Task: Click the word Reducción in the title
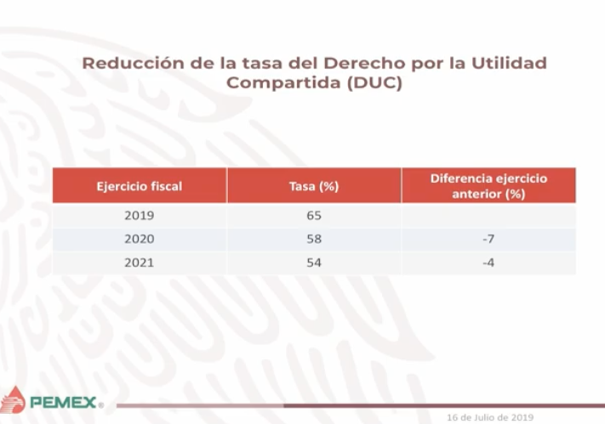pyautogui.click(x=133, y=63)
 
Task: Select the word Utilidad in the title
pyautogui.click(x=509, y=63)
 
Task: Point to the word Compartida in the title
pyautogui.click(x=283, y=82)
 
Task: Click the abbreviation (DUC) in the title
pyautogui.click(x=374, y=82)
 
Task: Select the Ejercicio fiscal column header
pyautogui.click(x=140, y=187)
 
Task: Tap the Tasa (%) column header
pyautogui.click(x=314, y=187)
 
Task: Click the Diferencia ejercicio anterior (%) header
pyautogui.click(x=488, y=186)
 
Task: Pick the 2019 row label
pyautogui.click(x=140, y=215)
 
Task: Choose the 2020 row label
pyautogui.click(x=140, y=239)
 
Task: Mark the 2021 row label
pyautogui.click(x=139, y=263)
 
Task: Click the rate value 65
pyautogui.click(x=314, y=215)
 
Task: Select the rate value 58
pyautogui.click(x=314, y=239)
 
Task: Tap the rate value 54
pyautogui.click(x=314, y=263)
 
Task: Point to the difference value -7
pyautogui.click(x=488, y=239)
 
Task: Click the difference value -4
pyautogui.click(x=488, y=263)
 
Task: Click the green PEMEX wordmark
pyautogui.click(x=63, y=403)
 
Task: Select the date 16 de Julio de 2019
pyautogui.click(x=490, y=417)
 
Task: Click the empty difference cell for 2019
pyautogui.click(x=488, y=216)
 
